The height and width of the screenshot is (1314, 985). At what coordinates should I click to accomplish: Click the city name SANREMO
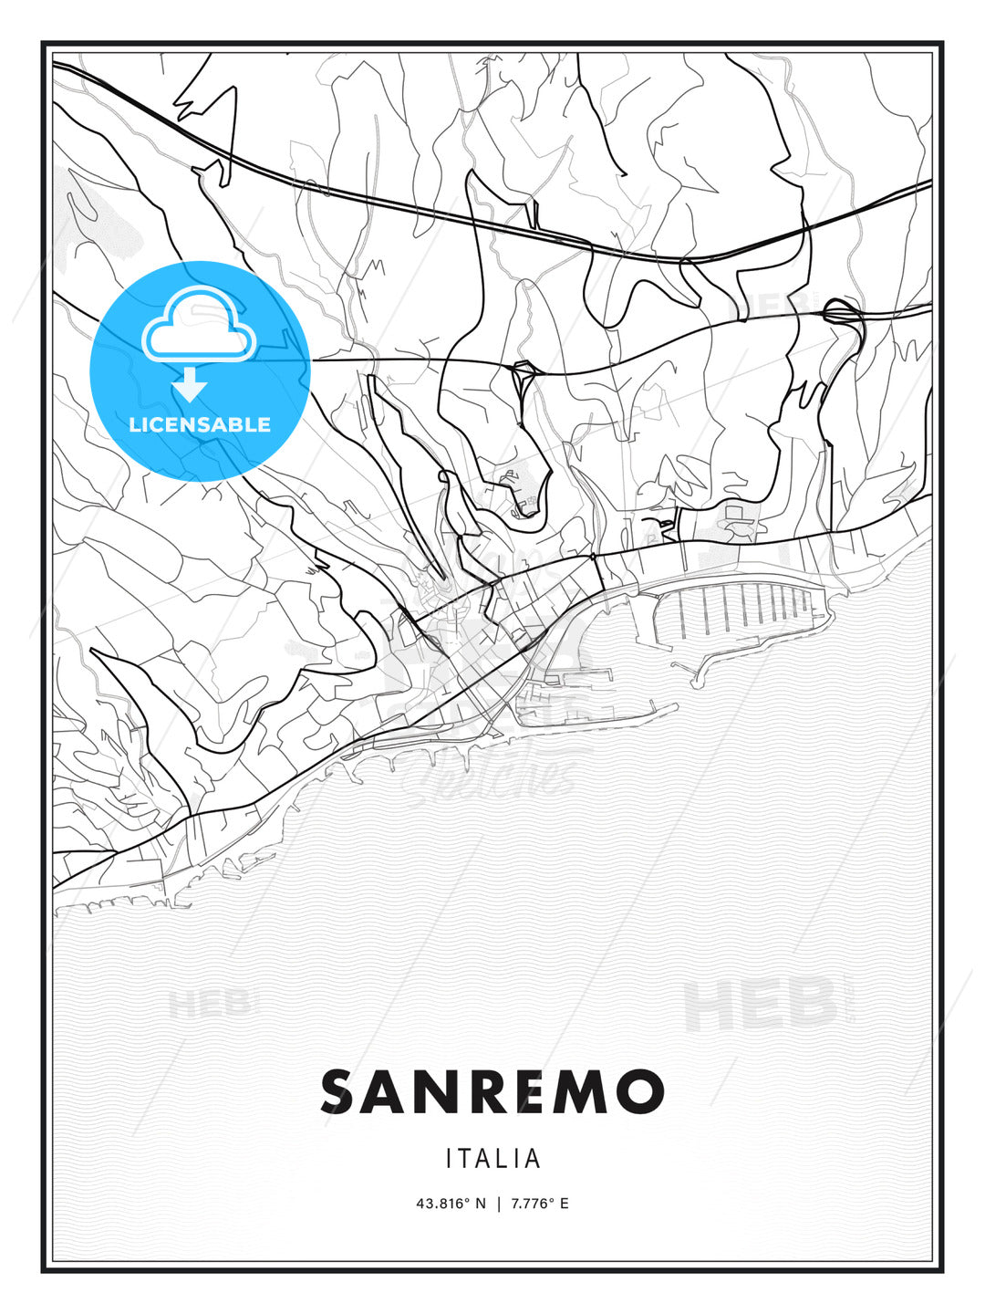[493, 1091]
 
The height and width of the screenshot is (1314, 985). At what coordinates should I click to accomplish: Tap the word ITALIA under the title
[493, 1159]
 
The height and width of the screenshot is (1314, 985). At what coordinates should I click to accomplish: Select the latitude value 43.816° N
[451, 1204]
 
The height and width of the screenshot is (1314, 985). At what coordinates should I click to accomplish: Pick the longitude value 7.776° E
[540, 1204]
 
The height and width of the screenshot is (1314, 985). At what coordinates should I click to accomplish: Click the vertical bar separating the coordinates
[499, 1204]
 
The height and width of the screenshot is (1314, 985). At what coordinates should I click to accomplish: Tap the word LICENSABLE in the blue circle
[200, 424]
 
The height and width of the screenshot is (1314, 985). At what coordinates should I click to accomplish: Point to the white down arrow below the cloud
[190, 385]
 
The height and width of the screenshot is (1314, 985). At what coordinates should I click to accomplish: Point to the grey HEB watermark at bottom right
[762, 1004]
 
